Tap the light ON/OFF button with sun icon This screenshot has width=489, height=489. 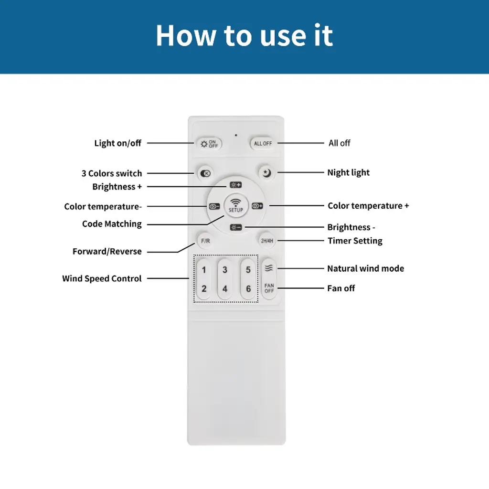coord(209,144)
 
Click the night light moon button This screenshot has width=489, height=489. coord(266,172)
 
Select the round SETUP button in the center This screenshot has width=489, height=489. coord(236,205)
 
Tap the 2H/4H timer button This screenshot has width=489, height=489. coord(267,241)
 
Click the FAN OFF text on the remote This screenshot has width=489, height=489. coord(269,288)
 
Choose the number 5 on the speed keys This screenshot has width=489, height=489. coord(248,269)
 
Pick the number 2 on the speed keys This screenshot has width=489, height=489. coord(204,288)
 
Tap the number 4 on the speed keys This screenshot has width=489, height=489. coord(225,289)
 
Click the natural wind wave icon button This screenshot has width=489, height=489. coord(269,268)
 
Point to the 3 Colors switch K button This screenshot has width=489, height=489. coord(205,173)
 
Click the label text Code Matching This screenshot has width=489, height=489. coord(112,224)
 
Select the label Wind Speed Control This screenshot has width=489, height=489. coord(102,278)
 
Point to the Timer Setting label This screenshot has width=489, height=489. coord(355,241)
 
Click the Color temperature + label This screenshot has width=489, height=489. coord(368,206)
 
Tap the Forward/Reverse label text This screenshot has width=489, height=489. coord(107,251)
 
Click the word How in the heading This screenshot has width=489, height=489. coord(186,35)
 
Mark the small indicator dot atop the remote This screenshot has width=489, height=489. coord(236,135)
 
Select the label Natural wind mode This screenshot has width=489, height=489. coord(365,268)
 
